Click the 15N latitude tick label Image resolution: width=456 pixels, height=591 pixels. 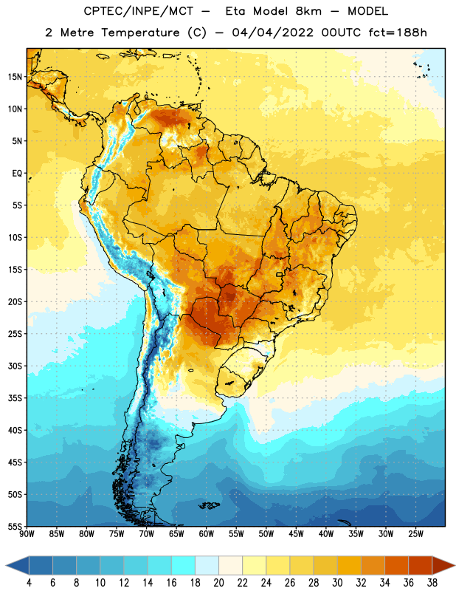pos(15,77)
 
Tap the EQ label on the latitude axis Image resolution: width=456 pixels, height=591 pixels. pos(17,174)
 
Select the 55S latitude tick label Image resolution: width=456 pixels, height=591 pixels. pos(15,527)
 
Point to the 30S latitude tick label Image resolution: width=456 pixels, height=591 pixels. pos(15,366)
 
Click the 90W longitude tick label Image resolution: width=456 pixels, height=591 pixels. pos(27,534)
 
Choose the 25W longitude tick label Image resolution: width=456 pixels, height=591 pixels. pos(415,534)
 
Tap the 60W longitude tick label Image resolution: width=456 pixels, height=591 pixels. pos(207,534)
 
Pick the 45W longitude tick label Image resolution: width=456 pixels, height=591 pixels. pos(296,534)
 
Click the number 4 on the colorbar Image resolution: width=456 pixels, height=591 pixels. pos(29,583)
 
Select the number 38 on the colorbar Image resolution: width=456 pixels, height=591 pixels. pos(432,583)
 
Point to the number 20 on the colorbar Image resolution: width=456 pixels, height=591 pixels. pos(218,583)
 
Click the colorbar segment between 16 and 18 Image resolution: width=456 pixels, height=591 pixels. pos(184,566)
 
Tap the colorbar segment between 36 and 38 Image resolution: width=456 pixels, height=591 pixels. pos(421,566)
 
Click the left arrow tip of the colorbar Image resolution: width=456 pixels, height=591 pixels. pos(6,566)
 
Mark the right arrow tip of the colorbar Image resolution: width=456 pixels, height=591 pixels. pos(455,566)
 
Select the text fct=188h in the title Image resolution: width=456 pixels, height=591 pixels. pos(398,33)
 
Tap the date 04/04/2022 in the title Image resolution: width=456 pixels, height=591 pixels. pos(272,33)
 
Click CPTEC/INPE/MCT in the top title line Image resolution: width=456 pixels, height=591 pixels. pos(139,11)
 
